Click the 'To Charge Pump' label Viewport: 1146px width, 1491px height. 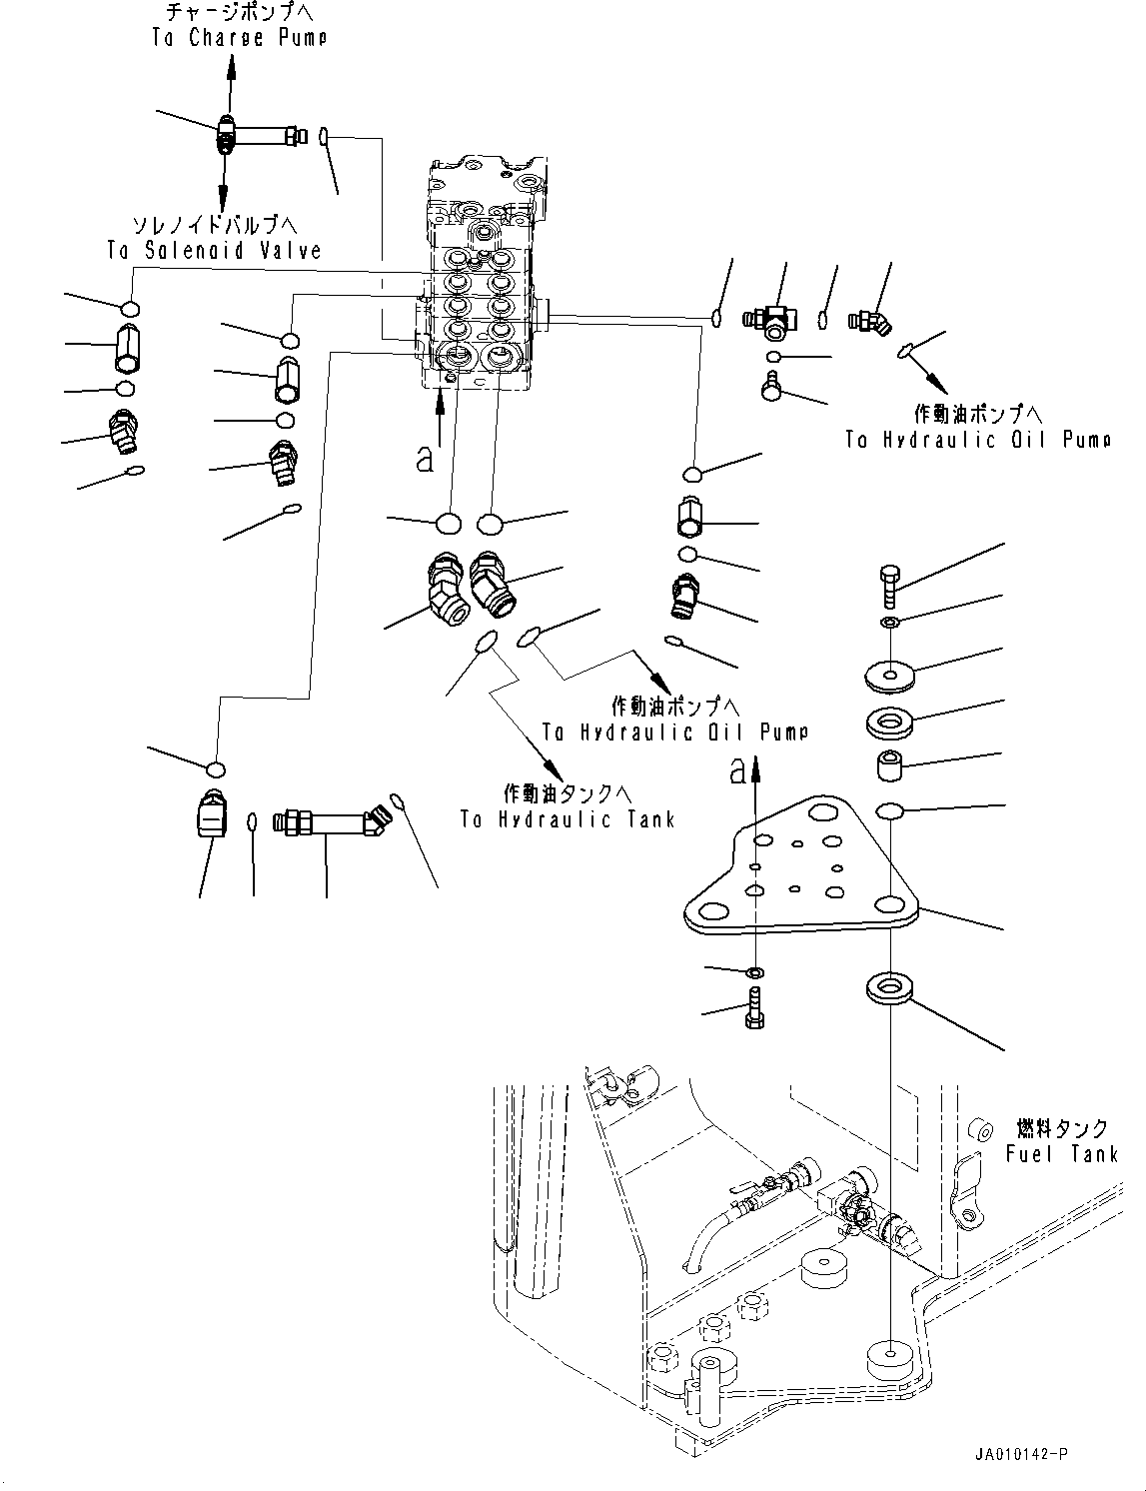pos(239,38)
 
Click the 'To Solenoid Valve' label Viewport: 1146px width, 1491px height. pos(215,249)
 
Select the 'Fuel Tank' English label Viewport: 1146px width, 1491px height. pos(1061,1153)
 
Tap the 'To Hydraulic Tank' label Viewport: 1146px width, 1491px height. pos(567,819)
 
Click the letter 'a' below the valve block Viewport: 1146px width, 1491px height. pos(426,459)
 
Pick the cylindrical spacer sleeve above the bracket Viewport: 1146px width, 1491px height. pos(889,766)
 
